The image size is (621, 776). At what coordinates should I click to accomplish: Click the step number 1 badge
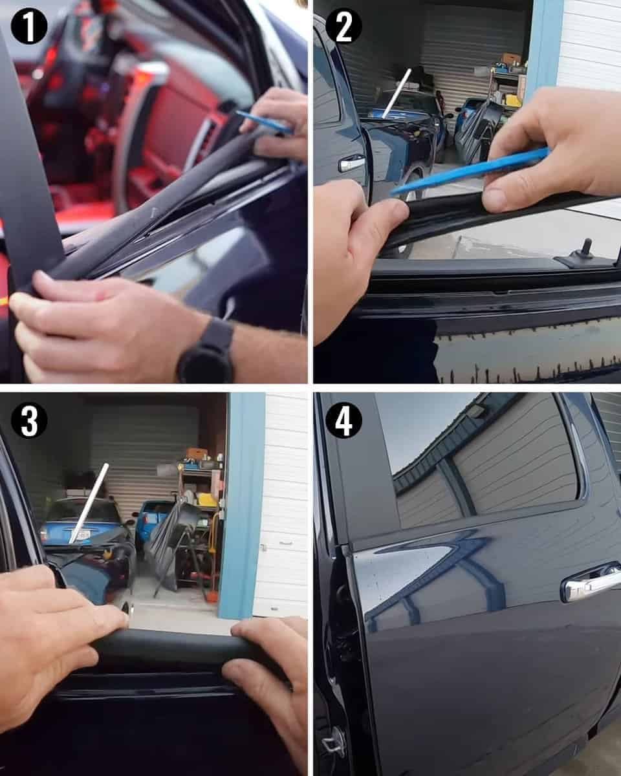click(29, 27)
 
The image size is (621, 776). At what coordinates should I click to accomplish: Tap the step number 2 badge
click(343, 27)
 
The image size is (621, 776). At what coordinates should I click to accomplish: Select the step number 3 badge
click(29, 420)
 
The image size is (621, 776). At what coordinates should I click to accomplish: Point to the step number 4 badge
click(343, 420)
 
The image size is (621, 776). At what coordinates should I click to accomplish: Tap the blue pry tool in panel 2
click(469, 169)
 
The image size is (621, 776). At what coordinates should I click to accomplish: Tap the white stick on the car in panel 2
click(396, 94)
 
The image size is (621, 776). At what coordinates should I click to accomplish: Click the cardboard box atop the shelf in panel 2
click(512, 58)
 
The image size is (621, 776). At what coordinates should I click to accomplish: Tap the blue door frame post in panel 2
click(544, 50)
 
